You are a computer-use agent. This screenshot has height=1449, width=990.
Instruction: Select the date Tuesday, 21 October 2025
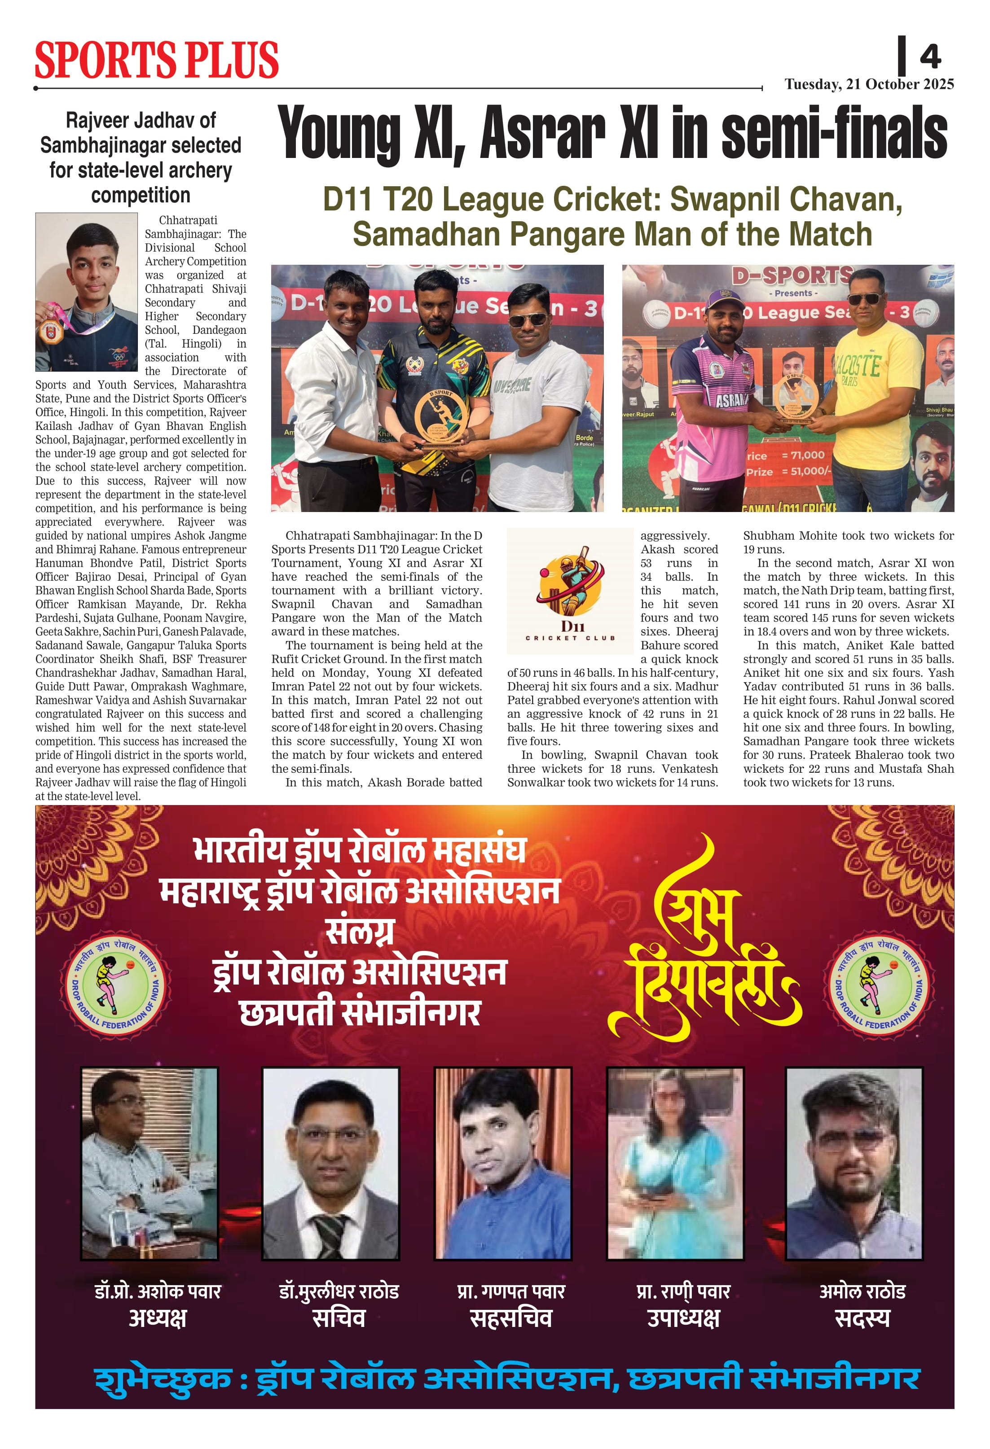[x=869, y=84]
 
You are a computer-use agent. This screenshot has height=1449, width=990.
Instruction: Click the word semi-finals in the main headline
[x=834, y=133]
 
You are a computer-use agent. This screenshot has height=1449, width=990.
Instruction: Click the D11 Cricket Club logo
[x=570, y=590]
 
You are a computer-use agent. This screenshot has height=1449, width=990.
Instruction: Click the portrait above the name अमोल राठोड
[x=854, y=1164]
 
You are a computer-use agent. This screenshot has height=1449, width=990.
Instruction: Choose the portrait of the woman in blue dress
[x=675, y=1164]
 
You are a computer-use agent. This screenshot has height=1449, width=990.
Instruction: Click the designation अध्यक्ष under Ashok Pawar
[x=158, y=1319]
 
